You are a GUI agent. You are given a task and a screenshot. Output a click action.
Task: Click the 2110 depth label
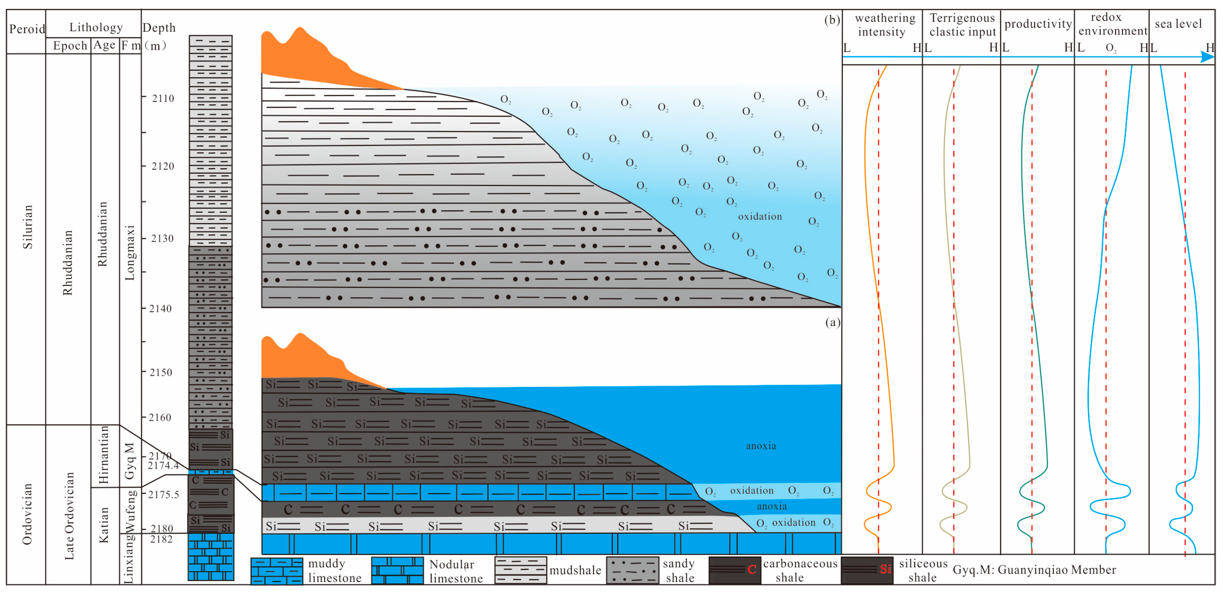(x=163, y=98)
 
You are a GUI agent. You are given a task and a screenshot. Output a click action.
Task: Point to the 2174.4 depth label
(x=163, y=465)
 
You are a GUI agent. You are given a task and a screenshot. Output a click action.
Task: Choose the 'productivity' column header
(x=1038, y=24)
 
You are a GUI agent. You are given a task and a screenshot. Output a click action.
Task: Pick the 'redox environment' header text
(x=1112, y=24)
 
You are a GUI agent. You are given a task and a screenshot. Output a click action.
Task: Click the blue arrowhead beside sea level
(x=1207, y=57)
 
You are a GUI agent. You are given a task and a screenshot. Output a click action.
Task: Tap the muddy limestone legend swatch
(x=277, y=571)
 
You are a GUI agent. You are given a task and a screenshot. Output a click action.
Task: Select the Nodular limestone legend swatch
(x=397, y=571)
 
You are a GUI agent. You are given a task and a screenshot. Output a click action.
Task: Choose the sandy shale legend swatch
(x=632, y=570)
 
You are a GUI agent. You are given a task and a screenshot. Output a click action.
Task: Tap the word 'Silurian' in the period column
(x=27, y=227)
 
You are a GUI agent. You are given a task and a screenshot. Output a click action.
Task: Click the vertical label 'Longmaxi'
(x=130, y=253)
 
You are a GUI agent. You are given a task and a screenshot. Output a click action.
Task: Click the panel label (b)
(x=832, y=20)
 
